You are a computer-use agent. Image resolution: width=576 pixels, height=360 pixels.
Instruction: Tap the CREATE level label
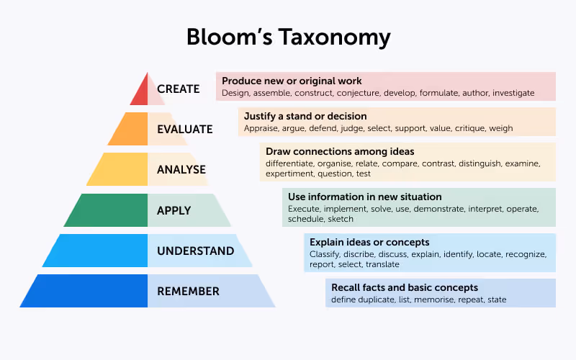coord(178,89)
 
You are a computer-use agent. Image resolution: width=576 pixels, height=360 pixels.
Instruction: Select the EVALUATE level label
coord(185,130)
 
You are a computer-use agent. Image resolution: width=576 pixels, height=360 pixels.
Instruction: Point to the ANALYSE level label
coord(181,170)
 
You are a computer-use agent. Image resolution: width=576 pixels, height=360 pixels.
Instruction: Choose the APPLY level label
coord(174,211)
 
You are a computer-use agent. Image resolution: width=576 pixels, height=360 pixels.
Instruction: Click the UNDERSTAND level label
coord(195,251)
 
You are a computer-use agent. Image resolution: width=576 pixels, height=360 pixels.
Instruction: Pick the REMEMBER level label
coord(188,292)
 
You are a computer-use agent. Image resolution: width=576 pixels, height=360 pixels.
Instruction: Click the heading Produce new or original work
coord(292,81)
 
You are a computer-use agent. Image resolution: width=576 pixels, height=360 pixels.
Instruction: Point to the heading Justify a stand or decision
coord(305,116)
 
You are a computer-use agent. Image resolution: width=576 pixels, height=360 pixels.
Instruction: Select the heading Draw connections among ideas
coord(340,151)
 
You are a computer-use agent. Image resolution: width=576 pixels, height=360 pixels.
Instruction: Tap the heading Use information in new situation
coord(365,197)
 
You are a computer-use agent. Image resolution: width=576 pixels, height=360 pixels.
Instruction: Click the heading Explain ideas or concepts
coord(369,243)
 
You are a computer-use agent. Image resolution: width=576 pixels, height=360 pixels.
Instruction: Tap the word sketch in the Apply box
coord(341,219)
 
